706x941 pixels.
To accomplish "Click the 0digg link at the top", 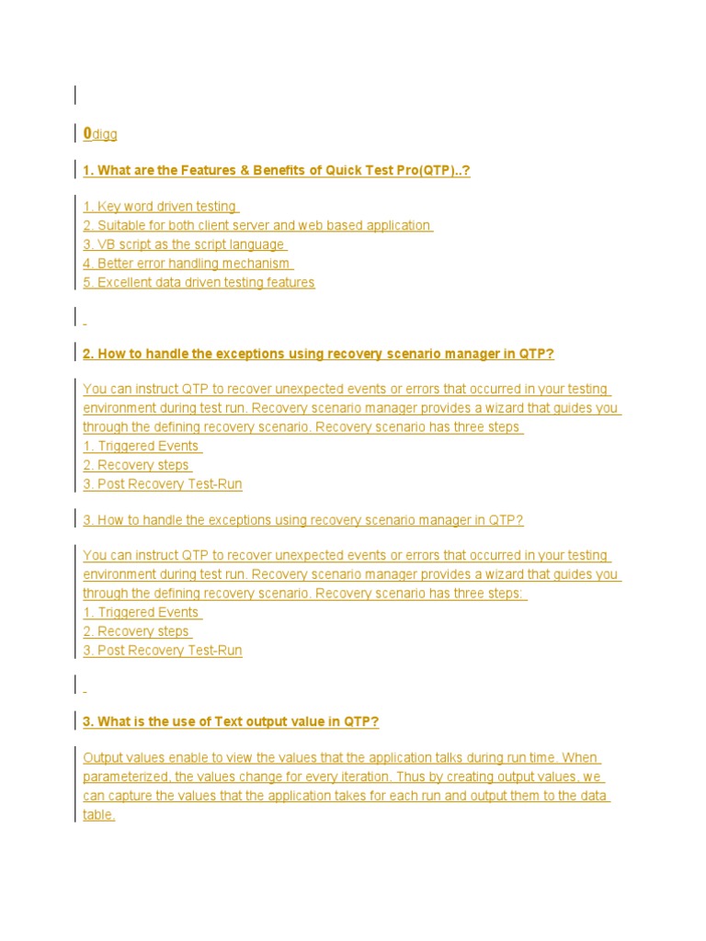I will [100, 135].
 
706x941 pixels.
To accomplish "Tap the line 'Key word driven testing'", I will [160, 207].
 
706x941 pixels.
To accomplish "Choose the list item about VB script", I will [184, 244].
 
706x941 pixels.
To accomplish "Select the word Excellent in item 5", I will [127, 283].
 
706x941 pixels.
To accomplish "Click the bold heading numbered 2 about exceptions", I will [318, 354].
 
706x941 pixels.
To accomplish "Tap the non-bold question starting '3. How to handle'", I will [303, 520].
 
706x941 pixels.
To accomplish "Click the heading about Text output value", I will [230, 722].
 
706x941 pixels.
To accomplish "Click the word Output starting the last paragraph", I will [102, 758].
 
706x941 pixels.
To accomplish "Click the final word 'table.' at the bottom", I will [98, 815].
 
